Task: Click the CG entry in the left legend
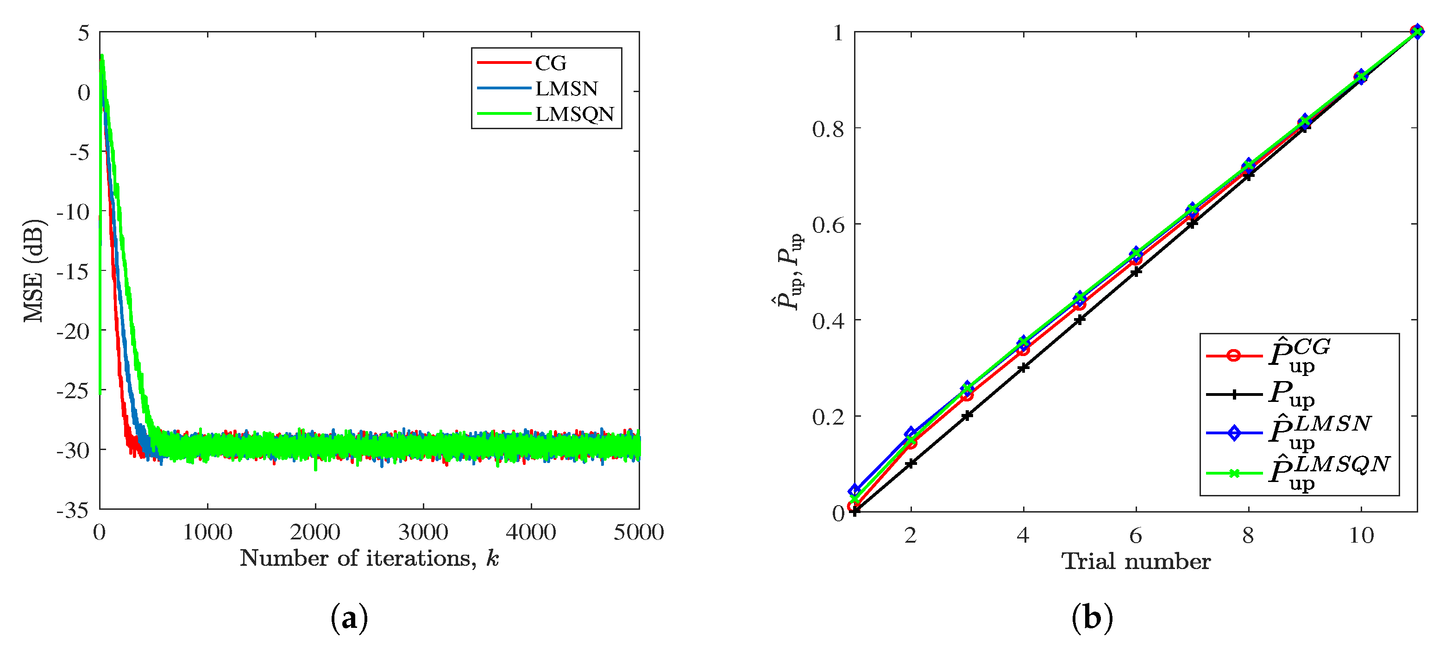point(550,63)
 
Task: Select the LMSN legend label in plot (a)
point(566,89)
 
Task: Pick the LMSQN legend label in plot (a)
point(574,114)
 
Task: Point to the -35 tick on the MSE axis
point(73,510)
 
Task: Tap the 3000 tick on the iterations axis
point(423,532)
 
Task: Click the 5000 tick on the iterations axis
point(639,532)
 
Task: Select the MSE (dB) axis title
point(33,271)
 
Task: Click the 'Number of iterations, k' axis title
point(369,558)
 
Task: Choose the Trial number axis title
point(1136,561)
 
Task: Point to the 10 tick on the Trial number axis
point(1361,535)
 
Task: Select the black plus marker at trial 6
point(1136,272)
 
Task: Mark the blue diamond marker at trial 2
point(911,433)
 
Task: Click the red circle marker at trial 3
point(967,395)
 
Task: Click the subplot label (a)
point(349,618)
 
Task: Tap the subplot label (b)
point(1092,618)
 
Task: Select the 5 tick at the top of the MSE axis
point(83,33)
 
